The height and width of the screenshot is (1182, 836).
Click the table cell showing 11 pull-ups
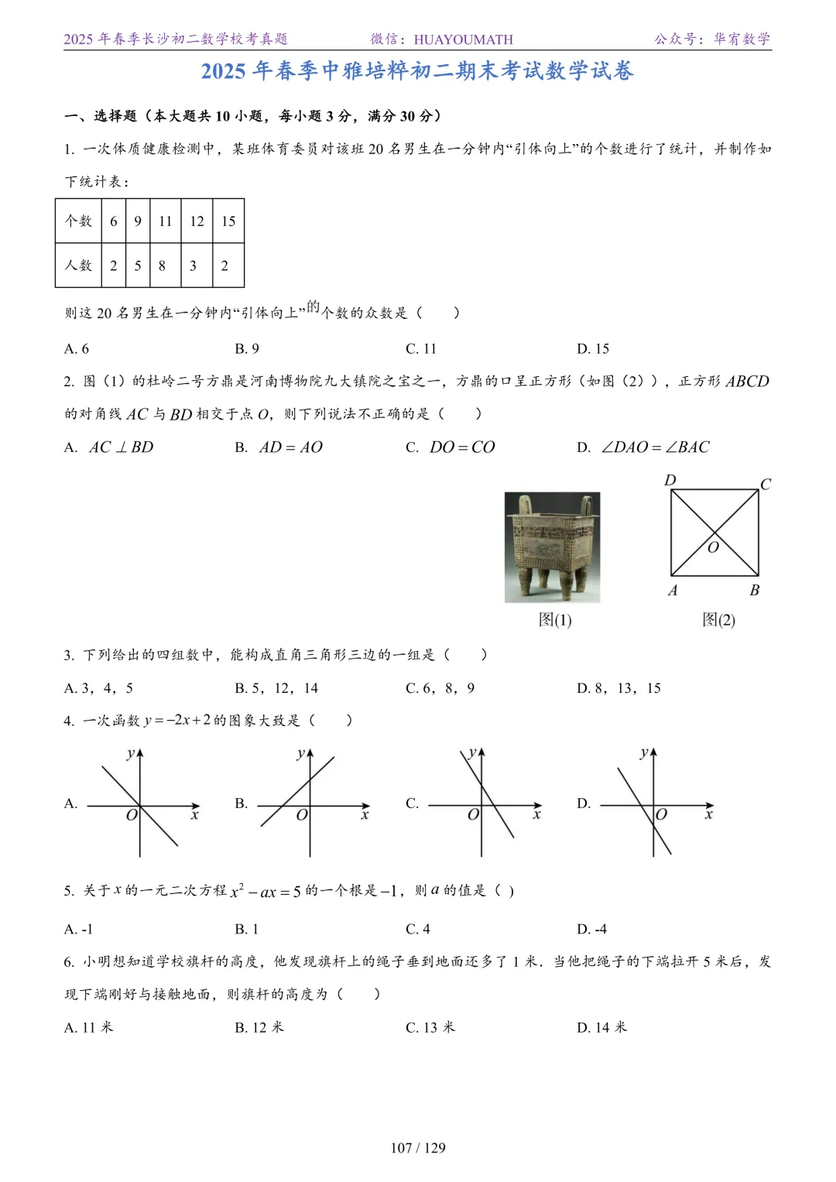point(165,221)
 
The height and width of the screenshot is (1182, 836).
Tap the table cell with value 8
point(163,266)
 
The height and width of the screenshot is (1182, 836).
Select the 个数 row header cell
point(79,221)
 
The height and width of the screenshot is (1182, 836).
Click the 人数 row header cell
point(79,266)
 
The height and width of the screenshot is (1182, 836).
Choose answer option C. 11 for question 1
point(421,349)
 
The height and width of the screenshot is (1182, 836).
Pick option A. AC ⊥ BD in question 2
point(109,447)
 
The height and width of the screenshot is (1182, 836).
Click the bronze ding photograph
point(552,546)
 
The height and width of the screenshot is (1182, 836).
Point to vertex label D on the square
point(670,481)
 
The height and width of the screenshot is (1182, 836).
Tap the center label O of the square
point(713,547)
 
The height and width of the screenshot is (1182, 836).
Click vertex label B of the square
point(755,591)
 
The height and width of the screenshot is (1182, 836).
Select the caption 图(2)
point(718,620)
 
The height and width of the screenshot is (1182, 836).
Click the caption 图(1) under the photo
point(555,620)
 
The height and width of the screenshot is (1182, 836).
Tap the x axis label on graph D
point(708,815)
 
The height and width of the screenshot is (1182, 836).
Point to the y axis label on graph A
point(130,753)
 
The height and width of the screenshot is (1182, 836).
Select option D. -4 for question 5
point(592,929)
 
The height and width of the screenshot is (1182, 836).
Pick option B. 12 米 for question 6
point(259,1027)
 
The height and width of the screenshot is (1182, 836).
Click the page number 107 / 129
point(418,1148)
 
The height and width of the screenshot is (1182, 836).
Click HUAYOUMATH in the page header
point(463,39)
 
